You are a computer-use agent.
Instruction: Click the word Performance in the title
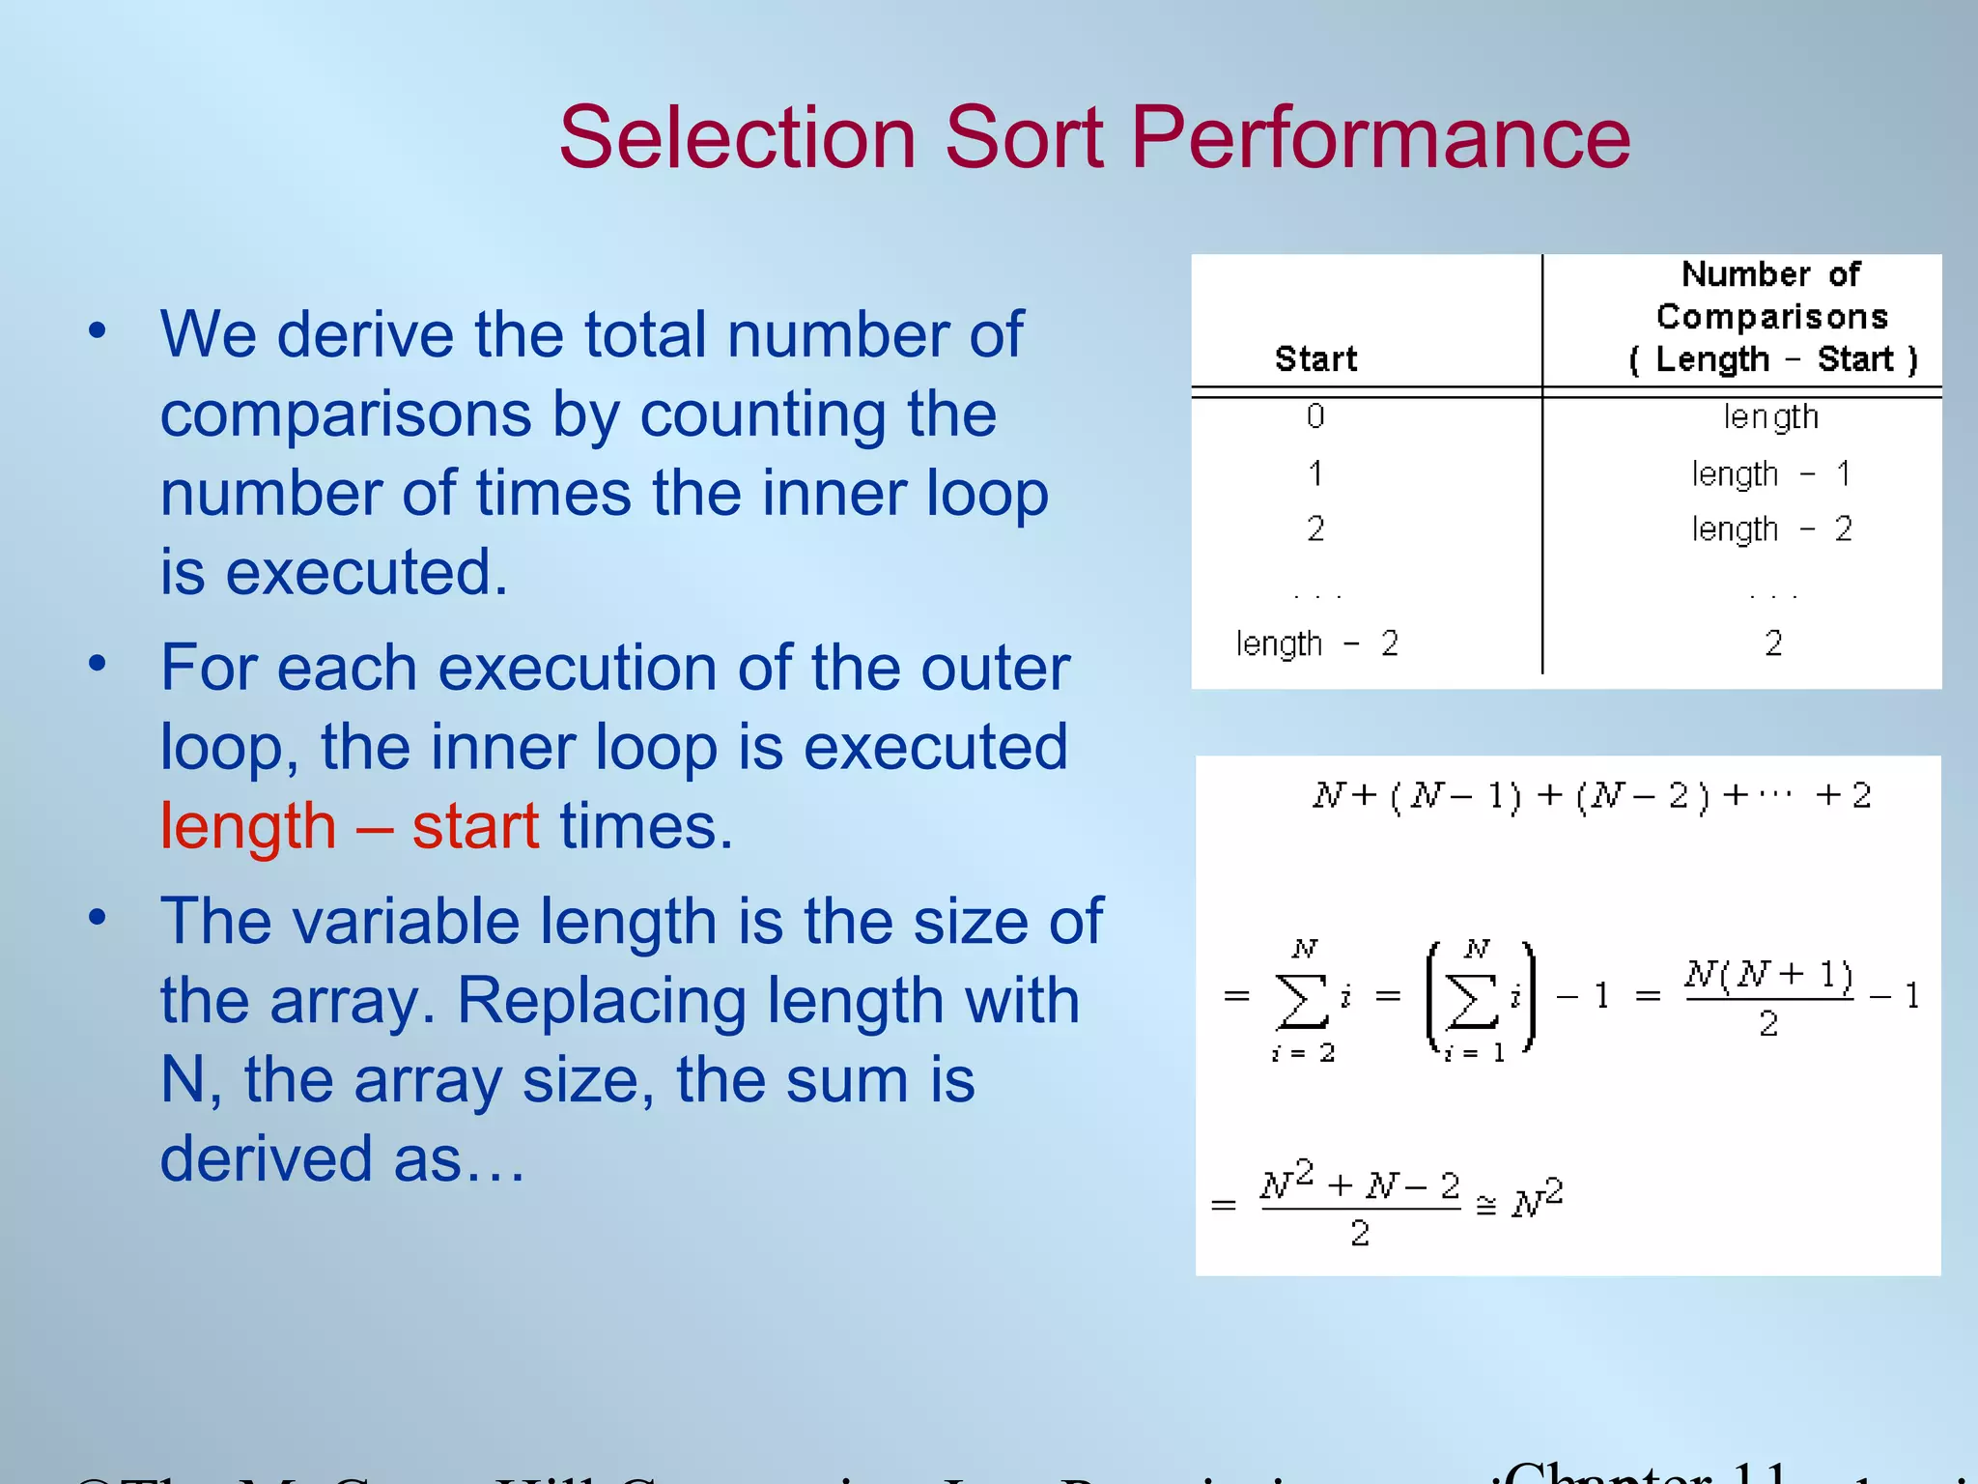coord(1380,137)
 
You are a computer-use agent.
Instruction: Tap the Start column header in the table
coord(1315,359)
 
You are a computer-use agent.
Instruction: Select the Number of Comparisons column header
coord(1771,316)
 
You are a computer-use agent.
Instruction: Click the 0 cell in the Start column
coord(1315,416)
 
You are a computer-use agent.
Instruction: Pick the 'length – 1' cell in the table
coord(1771,474)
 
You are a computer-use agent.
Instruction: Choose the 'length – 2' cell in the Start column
coord(1316,643)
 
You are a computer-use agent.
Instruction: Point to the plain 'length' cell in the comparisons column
coord(1771,417)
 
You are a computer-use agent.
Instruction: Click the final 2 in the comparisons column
coord(1773,643)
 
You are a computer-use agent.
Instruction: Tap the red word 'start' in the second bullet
coord(475,827)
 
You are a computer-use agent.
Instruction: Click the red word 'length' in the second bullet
coord(248,827)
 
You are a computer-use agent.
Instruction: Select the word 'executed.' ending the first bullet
coord(366,572)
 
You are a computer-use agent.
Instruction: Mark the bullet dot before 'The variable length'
coord(97,918)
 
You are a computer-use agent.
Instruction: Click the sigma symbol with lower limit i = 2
coord(1302,1000)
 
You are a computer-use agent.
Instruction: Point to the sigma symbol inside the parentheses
coord(1473,1000)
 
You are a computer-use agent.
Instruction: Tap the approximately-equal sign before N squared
coord(1485,1205)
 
